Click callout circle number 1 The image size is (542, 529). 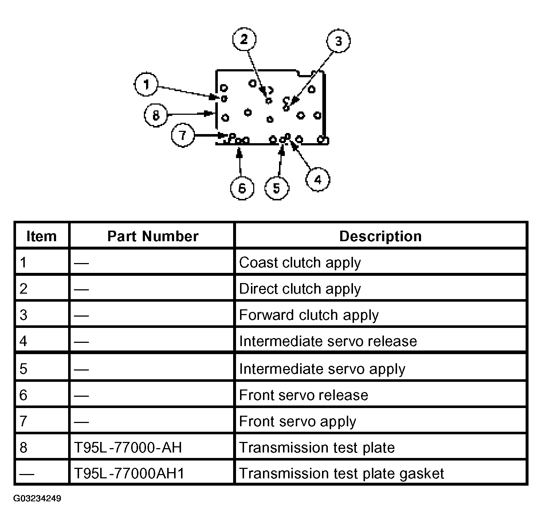pyautogui.click(x=146, y=85)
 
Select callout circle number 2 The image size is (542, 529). pyautogui.click(x=244, y=39)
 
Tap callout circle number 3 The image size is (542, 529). pyautogui.click(x=338, y=41)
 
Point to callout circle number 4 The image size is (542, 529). pyautogui.click(x=318, y=180)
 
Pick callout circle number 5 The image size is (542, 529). pyautogui.click(x=277, y=188)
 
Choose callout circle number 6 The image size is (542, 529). pyautogui.click(x=242, y=188)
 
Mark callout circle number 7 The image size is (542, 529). pyautogui.click(x=183, y=136)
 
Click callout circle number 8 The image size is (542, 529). pyautogui.click(x=156, y=115)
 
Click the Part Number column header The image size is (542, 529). pyautogui.click(x=153, y=236)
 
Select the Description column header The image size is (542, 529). pyautogui.click(x=381, y=236)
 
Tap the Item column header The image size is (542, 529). pyautogui.click(x=42, y=236)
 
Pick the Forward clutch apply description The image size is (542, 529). pyautogui.click(x=309, y=315)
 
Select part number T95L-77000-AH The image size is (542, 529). pyautogui.click(x=128, y=447)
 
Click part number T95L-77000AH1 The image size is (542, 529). pyautogui.click(x=129, y=473)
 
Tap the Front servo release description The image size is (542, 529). pyautogui.click(x=303, y=395)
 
